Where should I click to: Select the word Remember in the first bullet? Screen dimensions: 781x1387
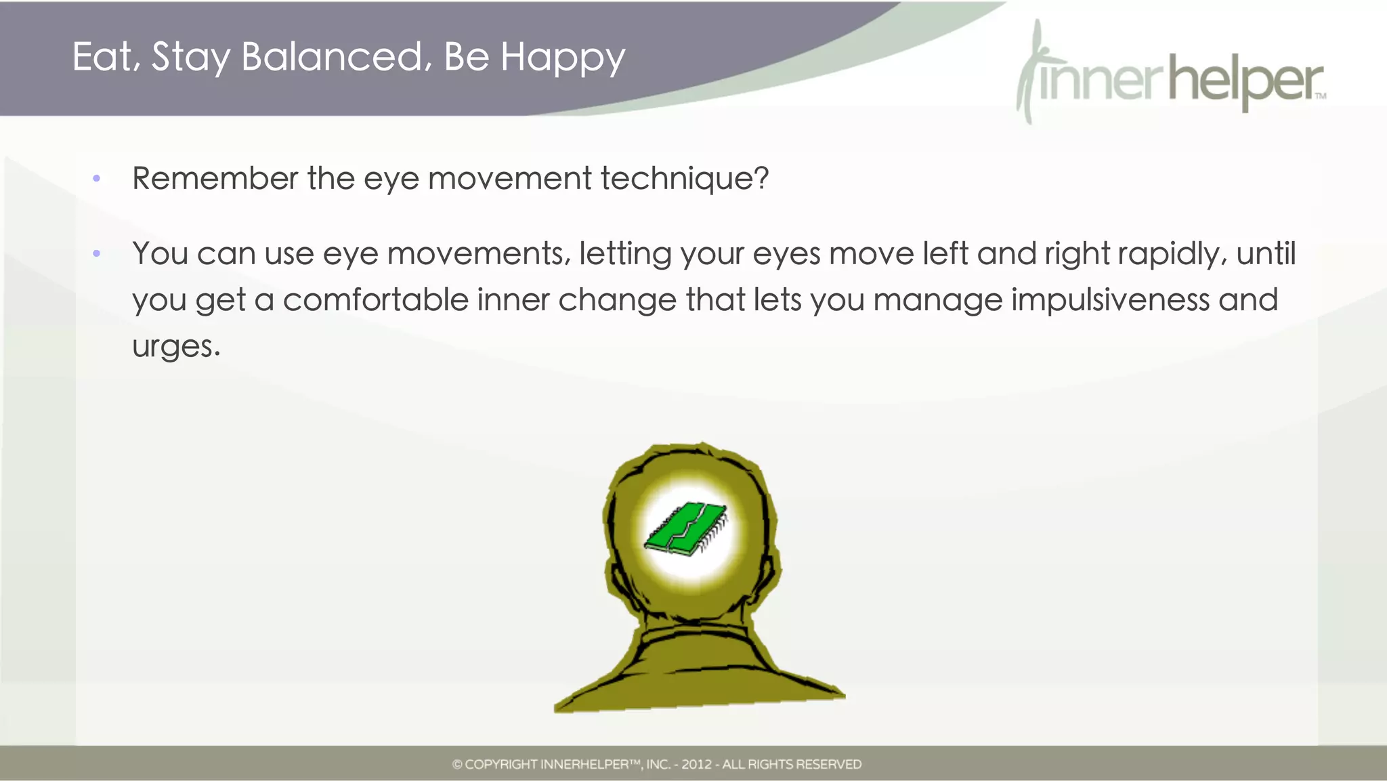[x=215, y=178]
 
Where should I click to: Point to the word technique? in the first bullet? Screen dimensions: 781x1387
[x=684, y=179]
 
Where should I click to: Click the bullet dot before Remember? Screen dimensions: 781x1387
[x=97, y=179]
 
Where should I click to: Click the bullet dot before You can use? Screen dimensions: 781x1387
[x=97, y=254]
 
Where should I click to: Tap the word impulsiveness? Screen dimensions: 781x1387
[x=1110, y=300]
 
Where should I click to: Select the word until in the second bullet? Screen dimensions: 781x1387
[x=1266, y=253]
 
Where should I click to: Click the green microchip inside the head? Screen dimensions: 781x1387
[x=685, y=529]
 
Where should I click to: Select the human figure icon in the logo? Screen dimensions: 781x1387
[x=1029, y=71]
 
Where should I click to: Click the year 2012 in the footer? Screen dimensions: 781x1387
[x=696, y=765]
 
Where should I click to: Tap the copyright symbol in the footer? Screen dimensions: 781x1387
[x=457, y=765]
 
